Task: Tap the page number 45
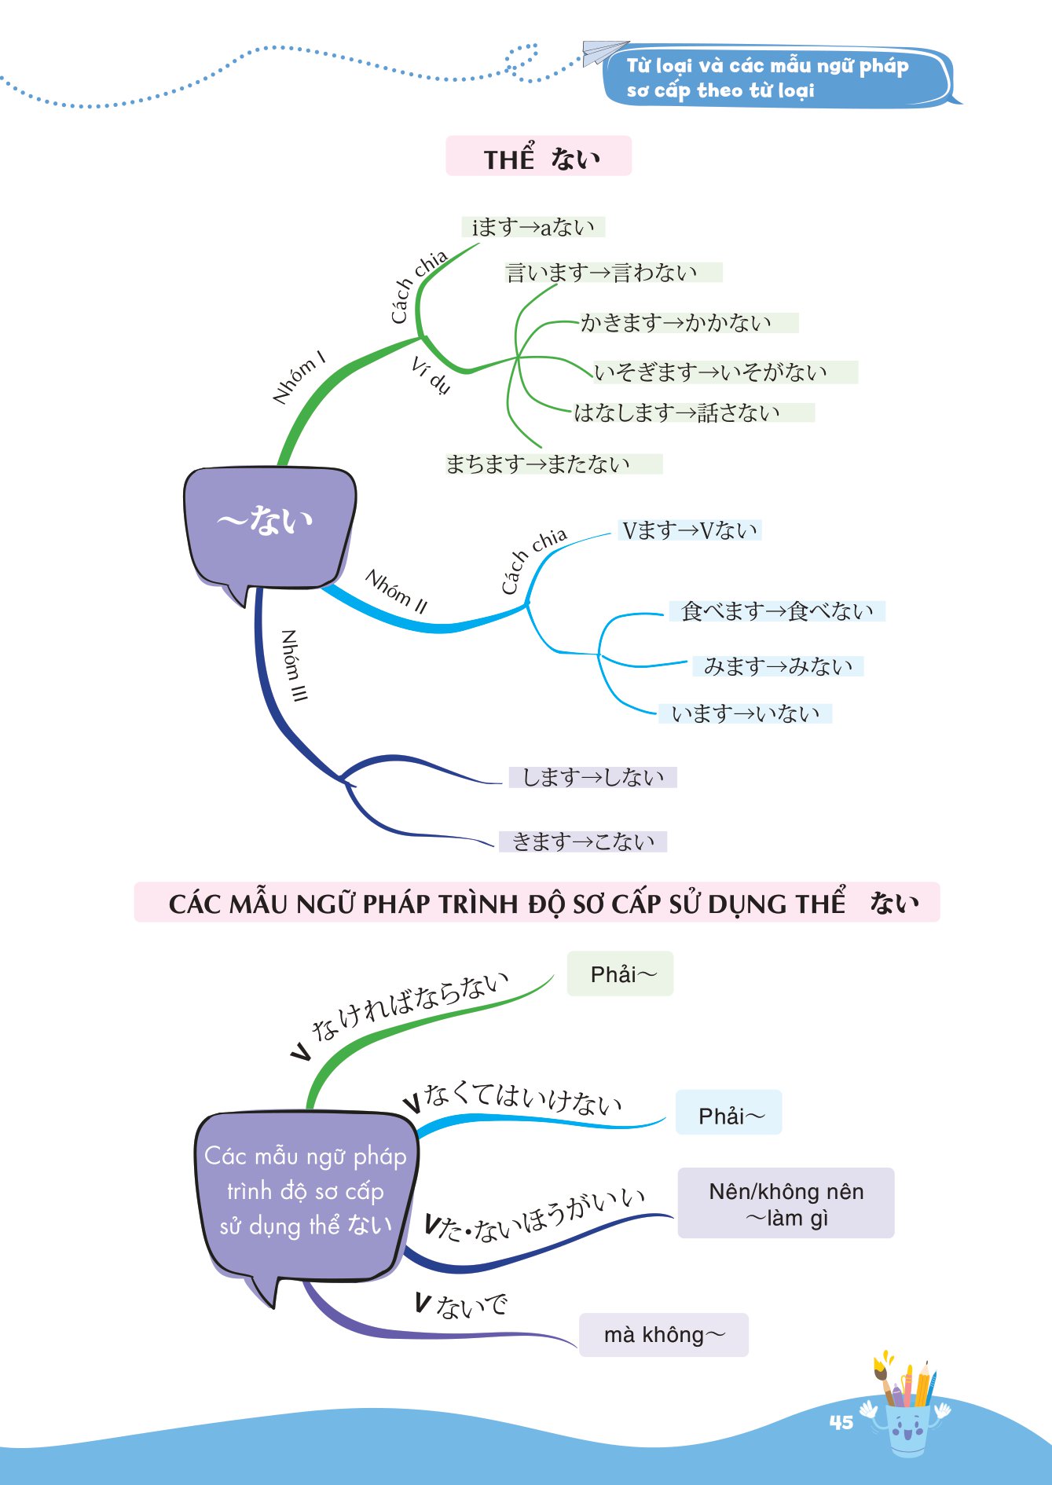[x=841, y=1422]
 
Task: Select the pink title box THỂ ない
[x=539, y=156]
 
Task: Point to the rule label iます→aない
[x=533, y=227]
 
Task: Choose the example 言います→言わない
[x=602, y=273]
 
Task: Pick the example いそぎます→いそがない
[x=710, y=372]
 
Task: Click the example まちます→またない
[x=538, y=464]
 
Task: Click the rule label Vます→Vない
[x=690, y=530]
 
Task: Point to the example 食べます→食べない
[x=777, y=611]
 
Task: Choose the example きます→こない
[x=583, y=841]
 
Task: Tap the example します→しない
[x=593, y=777]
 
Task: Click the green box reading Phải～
[x=621, y=974]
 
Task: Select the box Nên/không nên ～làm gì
[x=786, y=1204]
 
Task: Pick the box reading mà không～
[x=664, y=1335]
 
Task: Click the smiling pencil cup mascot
[x=907, y=1414]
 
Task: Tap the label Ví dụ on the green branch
[x=431, y=375]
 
